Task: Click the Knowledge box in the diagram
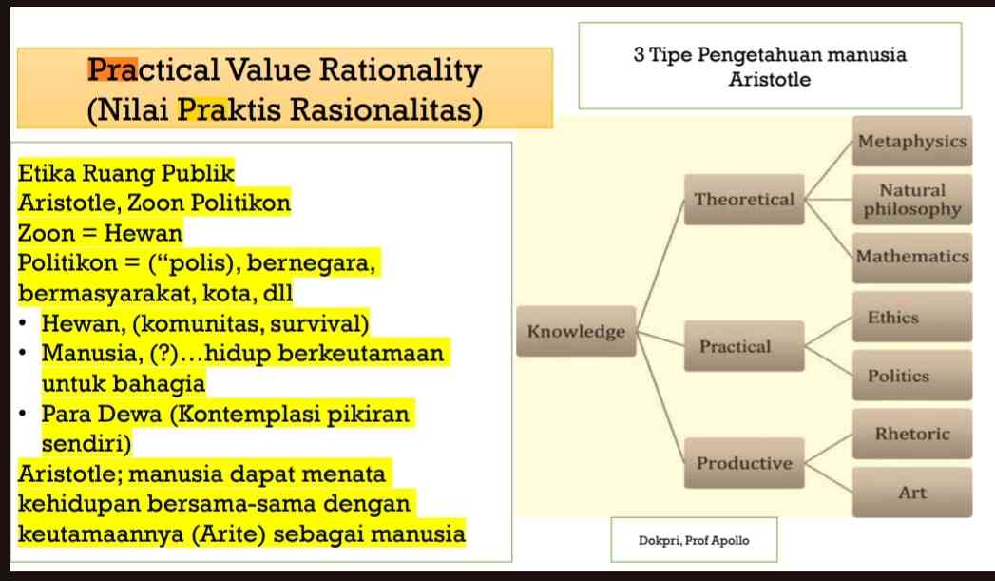pyautogui.click(x=576, y=332)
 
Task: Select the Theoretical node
pyautogui.click(x=744, y=200)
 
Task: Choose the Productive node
pyautogui.click(x=744, y=463)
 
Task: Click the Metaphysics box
pyautogui.click(x=912, y=142)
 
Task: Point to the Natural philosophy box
pyautogui.click(x=912, y=200)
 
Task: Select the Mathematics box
pyautogui.click(x=912, y=257)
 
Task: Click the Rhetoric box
pyautogui.click(x=912, y=434)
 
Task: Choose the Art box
pyautogui.click(x=912, y=493)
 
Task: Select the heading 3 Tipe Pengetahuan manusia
pyautogui.click(x=770, y=54)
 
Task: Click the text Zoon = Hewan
pyautogui.click(x=101, y=232)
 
